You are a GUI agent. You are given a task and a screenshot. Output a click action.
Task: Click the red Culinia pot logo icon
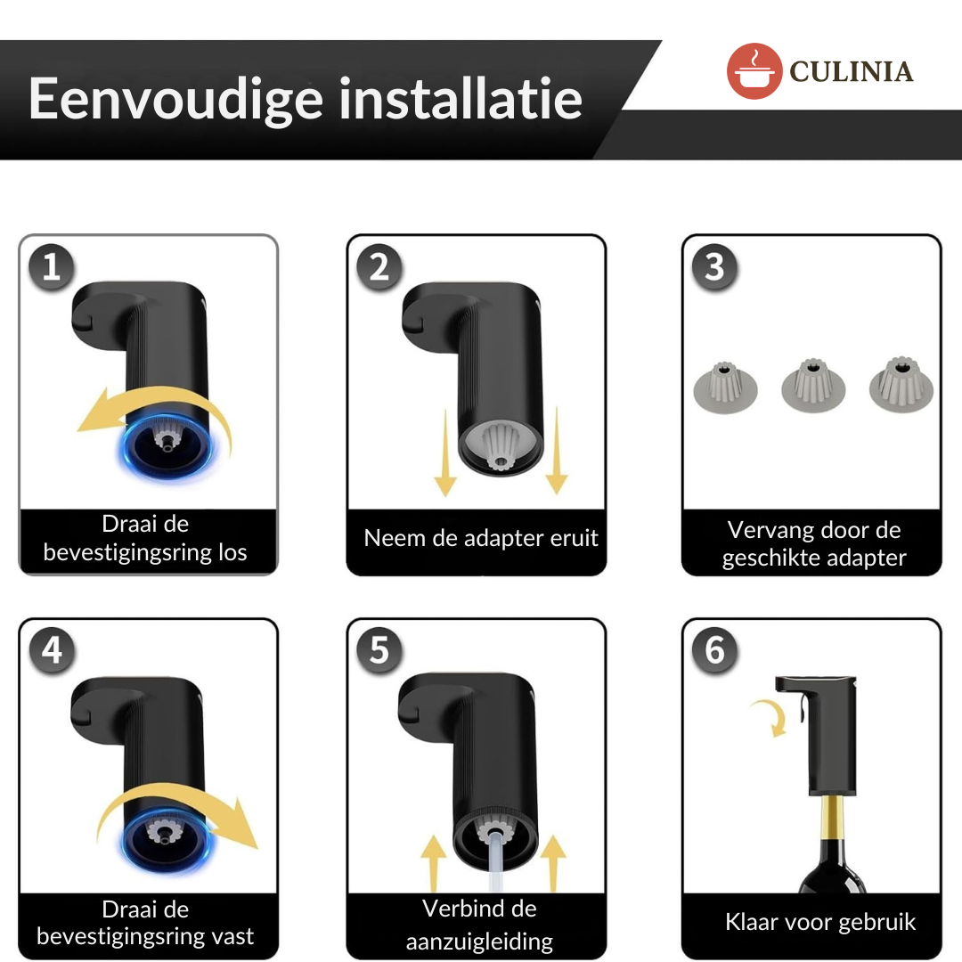click(754, 70)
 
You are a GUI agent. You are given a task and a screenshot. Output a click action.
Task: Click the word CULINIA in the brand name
click(852, 71)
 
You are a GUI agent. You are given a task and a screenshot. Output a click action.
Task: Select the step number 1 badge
click(52, 266)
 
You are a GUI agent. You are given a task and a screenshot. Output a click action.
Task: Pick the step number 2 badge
click(379, 266)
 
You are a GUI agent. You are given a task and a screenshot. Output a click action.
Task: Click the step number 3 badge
click(714, 266)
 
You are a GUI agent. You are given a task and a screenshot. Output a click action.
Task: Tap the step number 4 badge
click(52, 650)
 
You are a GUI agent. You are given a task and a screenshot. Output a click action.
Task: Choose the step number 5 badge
click(379, 650)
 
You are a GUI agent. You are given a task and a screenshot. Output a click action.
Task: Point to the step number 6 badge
click(714, 650)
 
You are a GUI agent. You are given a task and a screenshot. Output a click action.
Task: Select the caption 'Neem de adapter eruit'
click(481, 538)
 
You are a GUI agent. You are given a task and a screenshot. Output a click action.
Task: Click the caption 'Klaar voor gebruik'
click(819, 922)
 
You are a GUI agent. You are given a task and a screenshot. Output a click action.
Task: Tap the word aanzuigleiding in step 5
click(479, 942)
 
